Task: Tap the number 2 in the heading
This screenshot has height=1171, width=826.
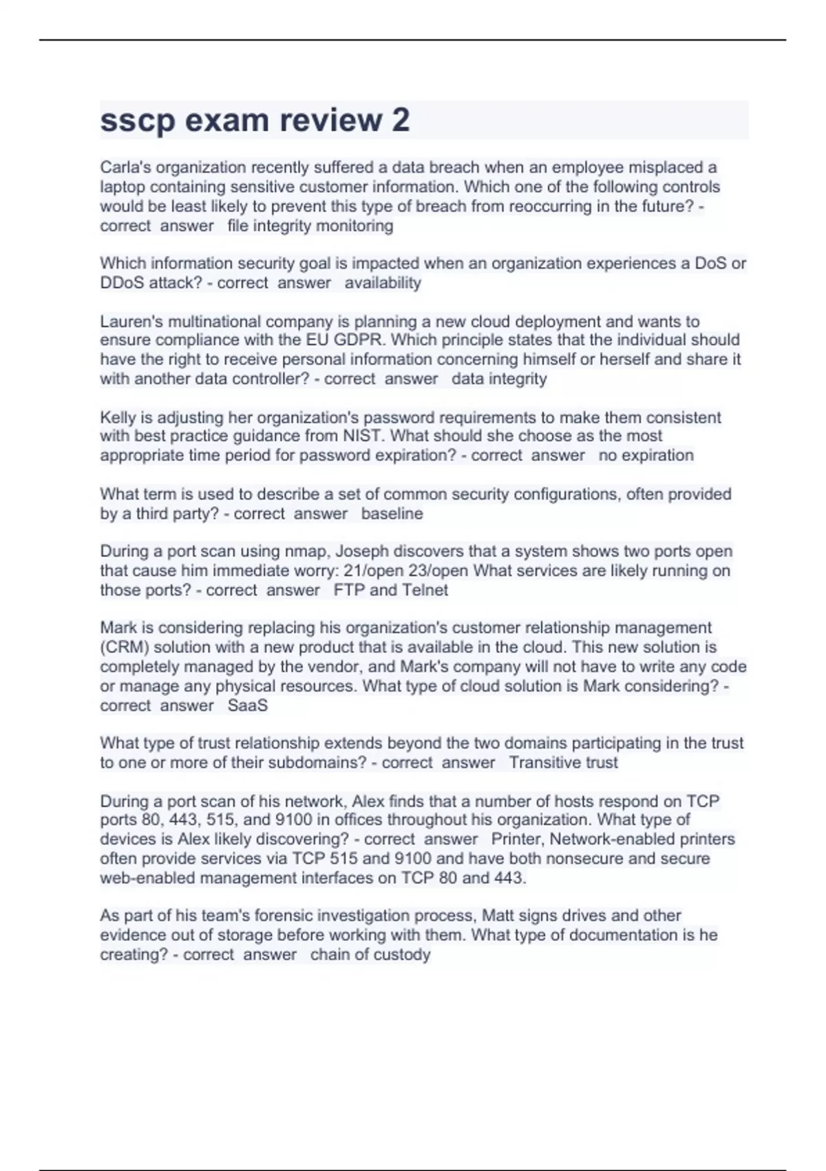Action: pyautogui.click(x=401, y=120)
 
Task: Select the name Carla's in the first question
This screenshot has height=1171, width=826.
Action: pyautogui.click(x=124, y=167)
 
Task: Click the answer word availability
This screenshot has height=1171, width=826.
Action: pyautogui.click(x=383, y=282)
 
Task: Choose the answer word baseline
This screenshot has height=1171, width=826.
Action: pyautogui.click(x=392, y=513)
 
